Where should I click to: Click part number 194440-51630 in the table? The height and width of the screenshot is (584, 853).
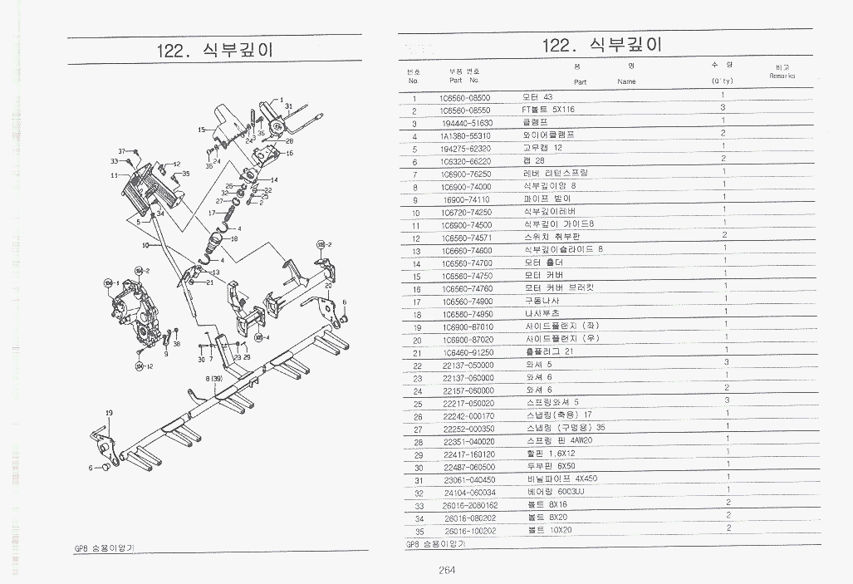[466, 123]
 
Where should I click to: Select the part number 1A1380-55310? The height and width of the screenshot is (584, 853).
[465, 135]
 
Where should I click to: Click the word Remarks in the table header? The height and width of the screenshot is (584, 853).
[782, 76]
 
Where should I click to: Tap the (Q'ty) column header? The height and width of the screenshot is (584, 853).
[722, 81]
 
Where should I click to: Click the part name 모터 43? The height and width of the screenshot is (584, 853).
[537, 97]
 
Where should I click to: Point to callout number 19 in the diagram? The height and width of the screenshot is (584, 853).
[109, 413]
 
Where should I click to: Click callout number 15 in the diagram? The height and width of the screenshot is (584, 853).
[201, 130]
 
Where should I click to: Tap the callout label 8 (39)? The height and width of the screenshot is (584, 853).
[214, 379]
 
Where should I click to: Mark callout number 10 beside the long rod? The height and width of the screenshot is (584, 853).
[145, 246]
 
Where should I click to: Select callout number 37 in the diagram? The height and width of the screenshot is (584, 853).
[121, 151]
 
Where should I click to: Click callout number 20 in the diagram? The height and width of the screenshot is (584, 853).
[329, 286]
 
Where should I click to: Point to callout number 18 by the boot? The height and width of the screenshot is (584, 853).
[233, 239]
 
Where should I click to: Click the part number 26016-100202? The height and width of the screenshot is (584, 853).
[470, 530]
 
